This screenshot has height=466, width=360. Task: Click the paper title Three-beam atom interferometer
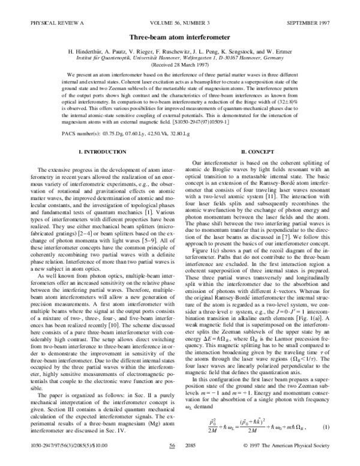180,36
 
